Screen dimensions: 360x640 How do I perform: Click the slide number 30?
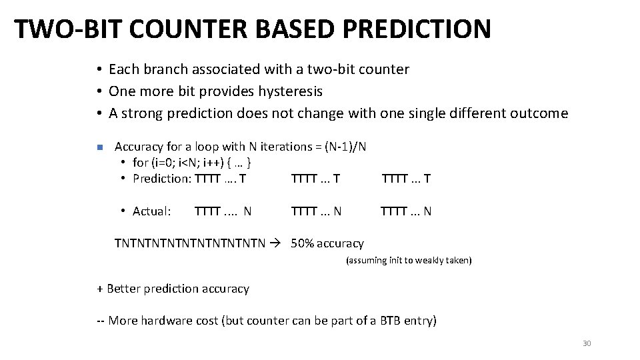[x=587, y=343]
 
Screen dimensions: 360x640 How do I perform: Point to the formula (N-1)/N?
[x=349, y=147]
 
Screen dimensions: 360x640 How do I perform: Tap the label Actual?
[x=152, y=211]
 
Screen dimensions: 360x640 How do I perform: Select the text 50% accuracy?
[x=327, y=243]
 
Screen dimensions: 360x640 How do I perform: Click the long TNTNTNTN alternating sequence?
[x=190, y=243]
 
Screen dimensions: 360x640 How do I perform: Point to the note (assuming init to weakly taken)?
[x=408, y=261]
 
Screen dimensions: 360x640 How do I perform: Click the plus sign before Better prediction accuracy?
[x=100, y=289]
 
